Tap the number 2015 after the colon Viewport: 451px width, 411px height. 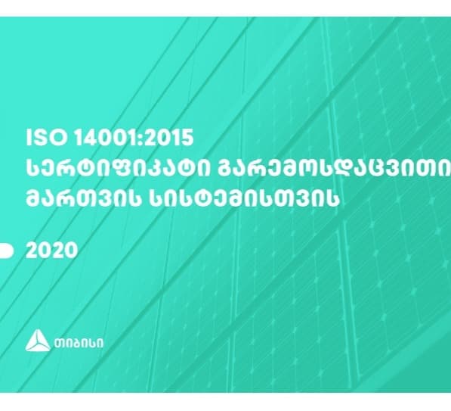[x=166, y=139]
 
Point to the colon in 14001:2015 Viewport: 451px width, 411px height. [x=134, y=140]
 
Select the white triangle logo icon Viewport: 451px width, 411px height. [x=38, y=342]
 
